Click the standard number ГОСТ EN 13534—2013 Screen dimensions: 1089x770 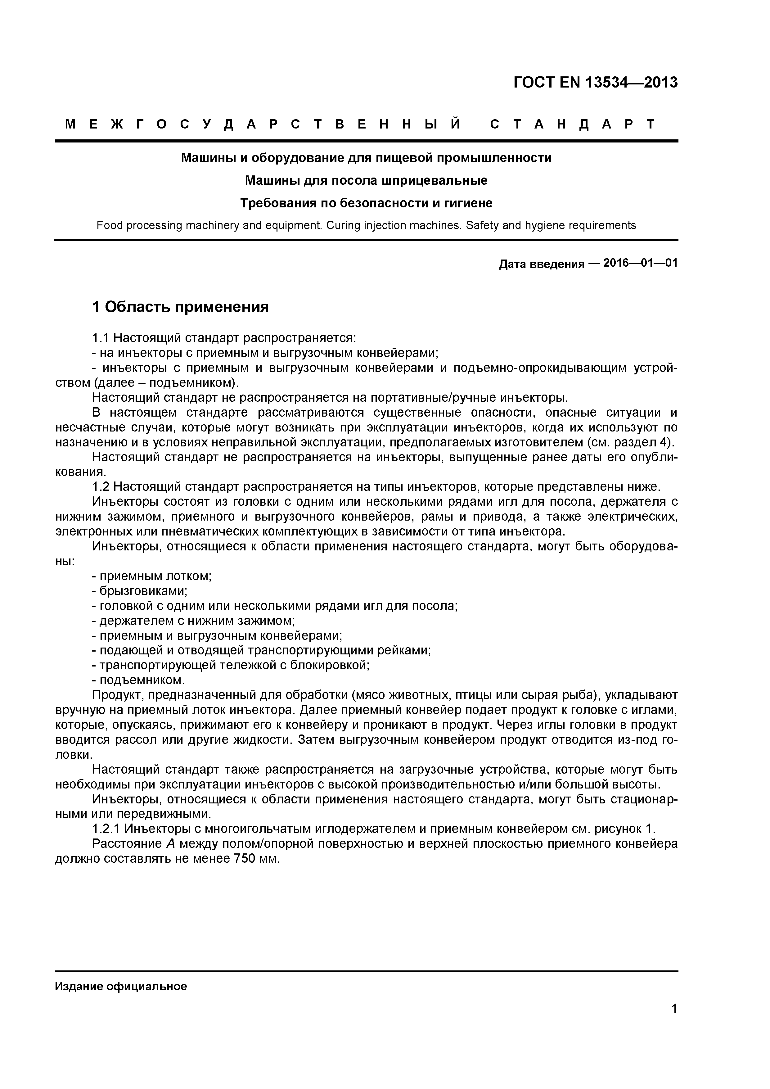(x=596, y=83)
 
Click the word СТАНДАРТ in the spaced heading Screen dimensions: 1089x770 (x=572, y=125)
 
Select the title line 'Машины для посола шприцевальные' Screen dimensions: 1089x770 (x=366, y=181)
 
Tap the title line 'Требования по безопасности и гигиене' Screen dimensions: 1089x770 (x=366, y=203)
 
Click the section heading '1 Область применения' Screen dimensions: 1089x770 (x=180, y=307)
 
